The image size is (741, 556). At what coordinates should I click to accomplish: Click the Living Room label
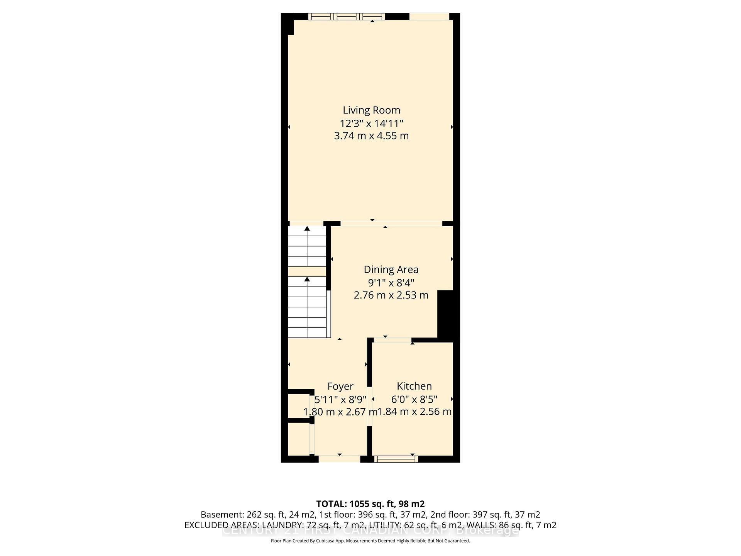click(371, 110)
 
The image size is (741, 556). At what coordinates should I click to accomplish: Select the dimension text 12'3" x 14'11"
click(371, 123)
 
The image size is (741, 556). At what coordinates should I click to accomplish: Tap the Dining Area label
click(391, 270)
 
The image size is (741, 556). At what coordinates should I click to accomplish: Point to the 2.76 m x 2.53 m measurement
click(391, 295)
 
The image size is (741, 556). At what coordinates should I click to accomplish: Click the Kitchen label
click(414, 386)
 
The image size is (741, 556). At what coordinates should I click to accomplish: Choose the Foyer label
click(340, 386)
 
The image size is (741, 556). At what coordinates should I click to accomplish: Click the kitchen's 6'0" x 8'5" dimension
click(414, 399)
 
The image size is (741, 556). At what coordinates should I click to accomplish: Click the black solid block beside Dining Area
click(445, 314)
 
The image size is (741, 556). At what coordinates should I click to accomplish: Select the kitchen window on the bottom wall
click(396, 459)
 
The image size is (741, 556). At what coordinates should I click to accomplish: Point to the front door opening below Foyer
click(339, 459)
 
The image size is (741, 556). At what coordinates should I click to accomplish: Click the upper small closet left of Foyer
click(299, 406)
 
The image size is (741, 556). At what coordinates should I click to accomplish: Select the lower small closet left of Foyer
click(299, 439)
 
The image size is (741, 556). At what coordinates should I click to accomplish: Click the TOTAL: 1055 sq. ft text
click(370, 504)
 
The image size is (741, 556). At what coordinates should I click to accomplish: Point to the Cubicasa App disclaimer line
click(370, 541)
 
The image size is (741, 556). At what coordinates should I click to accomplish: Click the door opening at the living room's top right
click(429, 16)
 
